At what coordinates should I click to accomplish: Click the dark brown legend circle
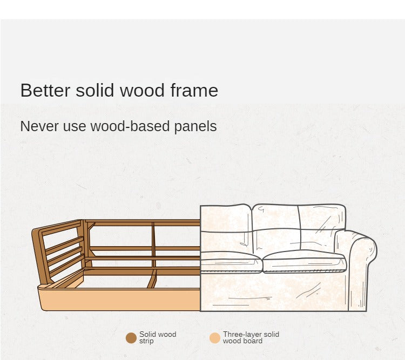[x=131, y=338]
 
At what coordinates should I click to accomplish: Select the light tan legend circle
[x=215, y=338]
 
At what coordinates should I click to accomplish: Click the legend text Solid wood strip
[x=157, y=338]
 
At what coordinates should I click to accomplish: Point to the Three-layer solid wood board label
[x=251, y=338]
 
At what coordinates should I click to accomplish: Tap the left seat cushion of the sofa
[x=231, y=262]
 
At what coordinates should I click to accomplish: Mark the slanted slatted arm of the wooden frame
[x=59, y=251]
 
